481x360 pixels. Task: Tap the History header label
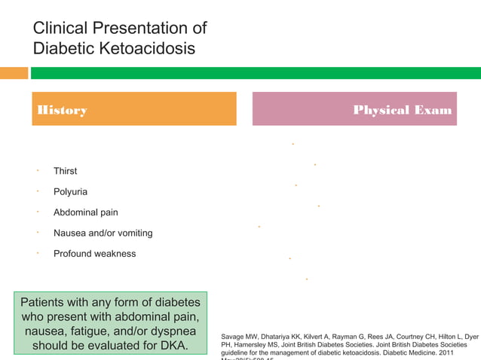(x=62, y=111)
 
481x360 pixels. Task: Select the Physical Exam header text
(x=403, y=111)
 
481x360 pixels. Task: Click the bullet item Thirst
(x=65, y=172)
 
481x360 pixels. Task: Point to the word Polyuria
(x=70, y=192)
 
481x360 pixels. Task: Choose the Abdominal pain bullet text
(x=85, y=212)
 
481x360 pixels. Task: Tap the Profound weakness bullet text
(x=94, y=254)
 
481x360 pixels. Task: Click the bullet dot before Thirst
(x=37, y=170)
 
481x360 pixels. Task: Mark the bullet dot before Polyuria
(x=37, y=191)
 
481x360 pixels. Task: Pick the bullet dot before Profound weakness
(x=37, y=252)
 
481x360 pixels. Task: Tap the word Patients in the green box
(x=43, y=303)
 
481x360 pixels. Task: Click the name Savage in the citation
(x=234, y=335)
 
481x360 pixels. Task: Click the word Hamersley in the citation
(x=257, y=344)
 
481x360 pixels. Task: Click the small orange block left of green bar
(x=14, y=73)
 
